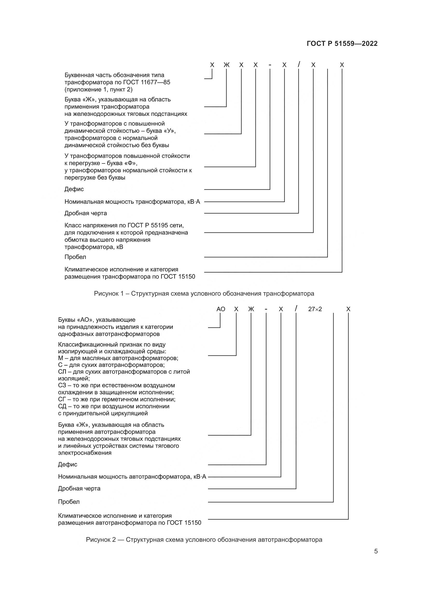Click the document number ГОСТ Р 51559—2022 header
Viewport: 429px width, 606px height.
(x=342, y=44)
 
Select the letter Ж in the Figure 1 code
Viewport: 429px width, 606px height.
(x=226, y=65)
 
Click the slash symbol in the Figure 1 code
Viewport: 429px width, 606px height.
(x=299, y=65)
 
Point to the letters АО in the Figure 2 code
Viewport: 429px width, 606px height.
(x=220, y=309)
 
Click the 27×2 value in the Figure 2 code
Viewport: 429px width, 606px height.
(x=315, y=309)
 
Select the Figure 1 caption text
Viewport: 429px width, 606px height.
(x=204, y=294)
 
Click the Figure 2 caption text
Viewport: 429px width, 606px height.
(x=204, y=540)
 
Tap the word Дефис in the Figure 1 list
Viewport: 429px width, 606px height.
(x=74, y=189)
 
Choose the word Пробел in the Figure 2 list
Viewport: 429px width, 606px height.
(x=69, y=502)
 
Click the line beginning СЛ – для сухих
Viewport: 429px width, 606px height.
(x=124, y=372)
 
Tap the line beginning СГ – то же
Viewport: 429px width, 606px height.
(x=116, y=399)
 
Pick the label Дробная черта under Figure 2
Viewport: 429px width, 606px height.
(x=79, y=489)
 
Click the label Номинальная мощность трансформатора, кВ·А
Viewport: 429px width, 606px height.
(x=132, y=202)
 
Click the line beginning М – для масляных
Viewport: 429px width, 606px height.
(x=118, y=358)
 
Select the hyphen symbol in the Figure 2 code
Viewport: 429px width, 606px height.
(x=266, y=309)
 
